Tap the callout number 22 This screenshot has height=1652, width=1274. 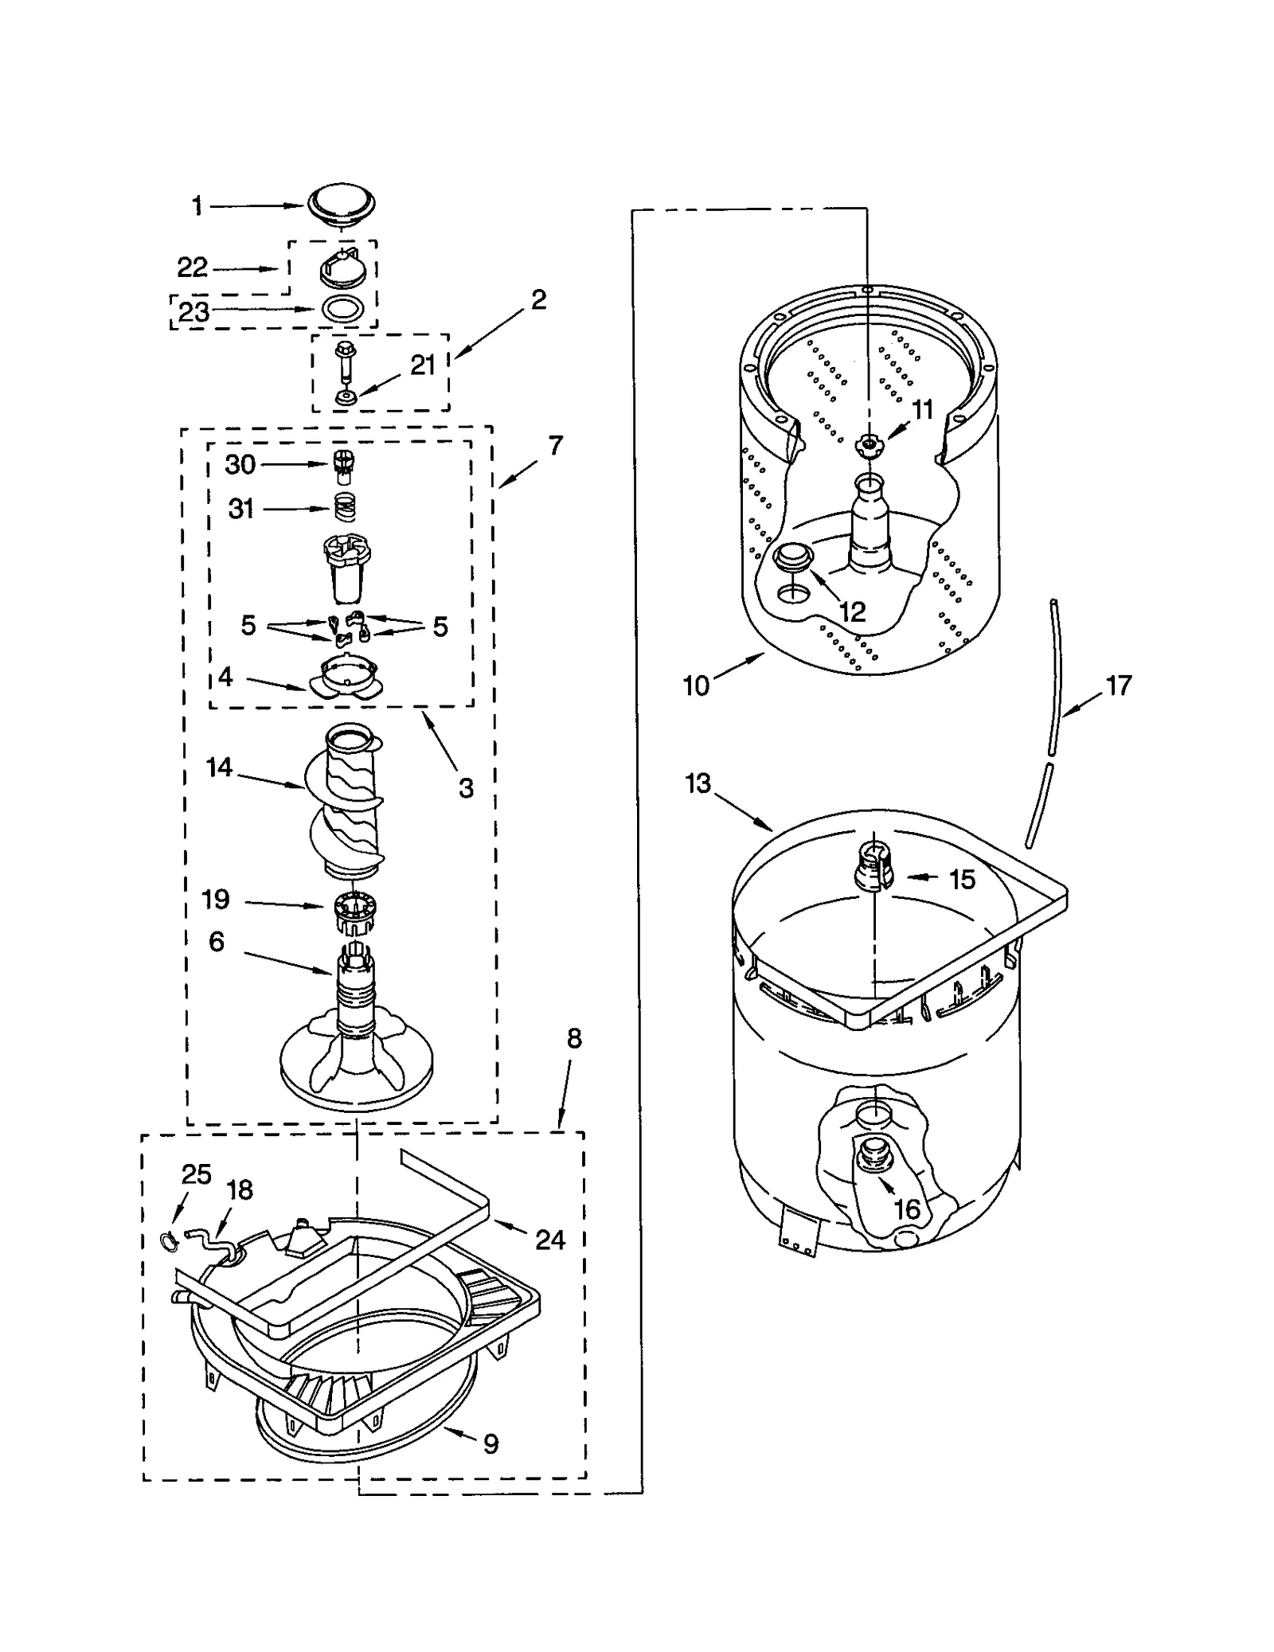click(x=192, y=268)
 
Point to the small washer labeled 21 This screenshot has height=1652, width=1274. click(x=345, y=396)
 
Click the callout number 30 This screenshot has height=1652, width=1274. click(x=240, y=464)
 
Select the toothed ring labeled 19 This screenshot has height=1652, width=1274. click(x=350, y=910)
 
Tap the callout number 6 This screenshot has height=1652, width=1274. click(x=217, y=941)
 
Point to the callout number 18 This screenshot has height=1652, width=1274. click(x=240, y=1189)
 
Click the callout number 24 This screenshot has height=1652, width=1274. click(x=549, y=1239)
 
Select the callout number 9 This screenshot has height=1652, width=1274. click(x=490, y=1443)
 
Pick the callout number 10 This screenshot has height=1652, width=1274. click(x=696, y=685)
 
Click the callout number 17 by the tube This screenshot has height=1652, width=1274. click(x=1118, y=685)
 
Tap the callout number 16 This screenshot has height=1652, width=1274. click(x=907, y=1209)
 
